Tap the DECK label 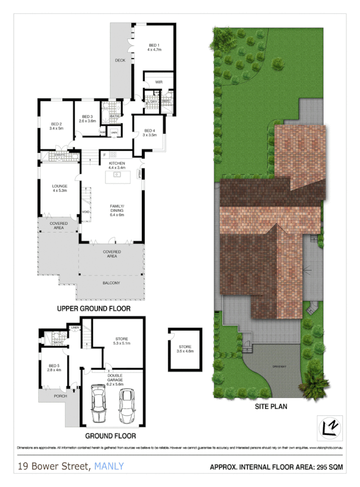[121, 60]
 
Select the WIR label [159, 82]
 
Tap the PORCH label [53, 395]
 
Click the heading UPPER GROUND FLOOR [94, 309]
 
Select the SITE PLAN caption [271, 407]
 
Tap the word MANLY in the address [109, 467]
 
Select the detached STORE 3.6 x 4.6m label [185, 349]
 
